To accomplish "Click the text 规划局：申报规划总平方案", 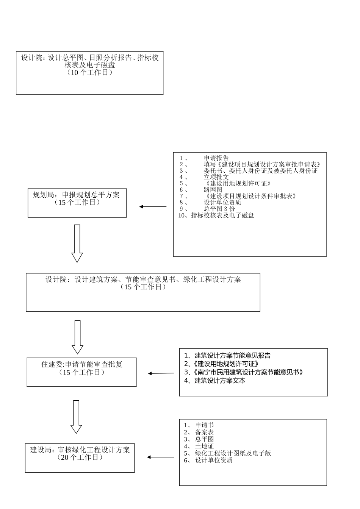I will tap(76, 195).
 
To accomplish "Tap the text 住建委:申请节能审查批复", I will tap(82, 365).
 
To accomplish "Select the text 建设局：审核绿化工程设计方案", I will tap(80, 450).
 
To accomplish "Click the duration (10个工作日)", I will tap(90, 73).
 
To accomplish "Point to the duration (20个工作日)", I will tap(80, 457).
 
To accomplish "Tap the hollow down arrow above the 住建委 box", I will tap(78, 337).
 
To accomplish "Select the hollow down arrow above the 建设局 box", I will tap(76, 417).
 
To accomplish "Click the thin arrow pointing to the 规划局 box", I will tap(153, 207).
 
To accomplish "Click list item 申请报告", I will tap(216, 158).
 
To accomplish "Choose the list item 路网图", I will tap(213, 190).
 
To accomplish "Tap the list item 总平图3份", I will tap(219, 209).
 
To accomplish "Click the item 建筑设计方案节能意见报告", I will tap(232, 356).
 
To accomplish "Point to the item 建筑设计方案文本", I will tap(219, 381).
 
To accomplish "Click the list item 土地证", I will tap(204, 446).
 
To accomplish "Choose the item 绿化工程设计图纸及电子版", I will tap(233, 453).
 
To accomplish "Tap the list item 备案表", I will tap(204, 432).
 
